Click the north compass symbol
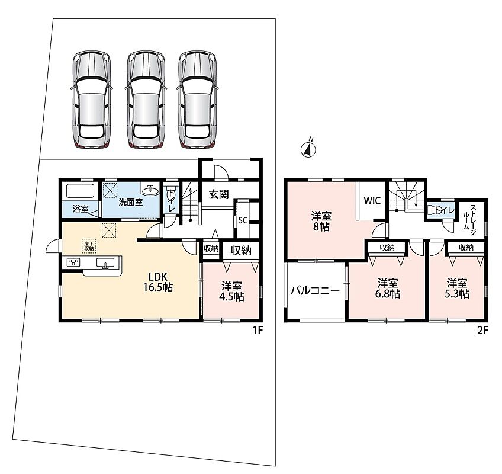[x=308, y=148]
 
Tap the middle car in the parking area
[x=146, y=100]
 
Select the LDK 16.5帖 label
[x=158, y=282]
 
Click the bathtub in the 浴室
[x=80, y=191]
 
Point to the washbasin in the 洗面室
[x=150, y=191]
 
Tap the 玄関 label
[x=218, y=194]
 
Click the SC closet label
[x=243, y=220]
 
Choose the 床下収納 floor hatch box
[x=89, y=246]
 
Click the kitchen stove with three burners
[x=73, y=262]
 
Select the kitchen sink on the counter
[x=105, y=263]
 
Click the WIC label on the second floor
[x=372, y=201]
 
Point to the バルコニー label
[x=315, y=291]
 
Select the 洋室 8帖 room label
[x=321, y=221]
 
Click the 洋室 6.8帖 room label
[x=387, y=289]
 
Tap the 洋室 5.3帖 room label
[x=457, y=289]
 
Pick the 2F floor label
[x=482, y=331]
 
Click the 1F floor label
[x=258, y=331]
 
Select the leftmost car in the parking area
[x=92, y=100]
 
